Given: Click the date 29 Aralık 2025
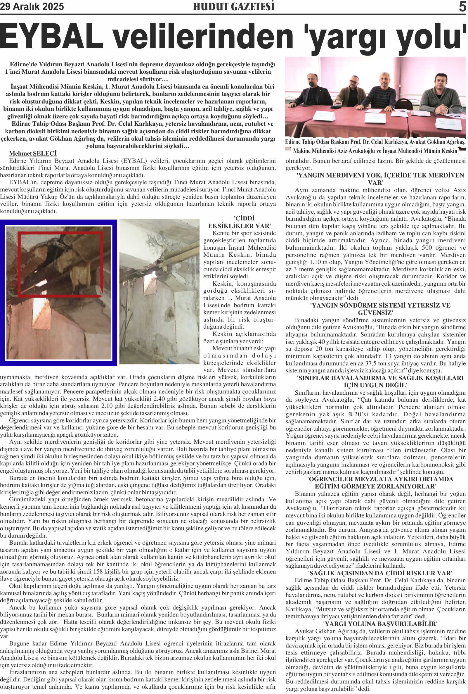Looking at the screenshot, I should coord(32,6).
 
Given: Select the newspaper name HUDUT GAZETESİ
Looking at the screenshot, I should coord(233,6).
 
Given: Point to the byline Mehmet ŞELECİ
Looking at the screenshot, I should coord(33,153).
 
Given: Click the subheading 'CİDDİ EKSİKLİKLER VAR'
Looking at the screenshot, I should coord(240,222).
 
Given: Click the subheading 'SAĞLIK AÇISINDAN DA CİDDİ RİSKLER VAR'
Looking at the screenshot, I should coord(380,573).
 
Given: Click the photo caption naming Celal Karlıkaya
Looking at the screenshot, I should coord(375,146).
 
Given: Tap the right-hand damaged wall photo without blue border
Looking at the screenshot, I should coord(160,291).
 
